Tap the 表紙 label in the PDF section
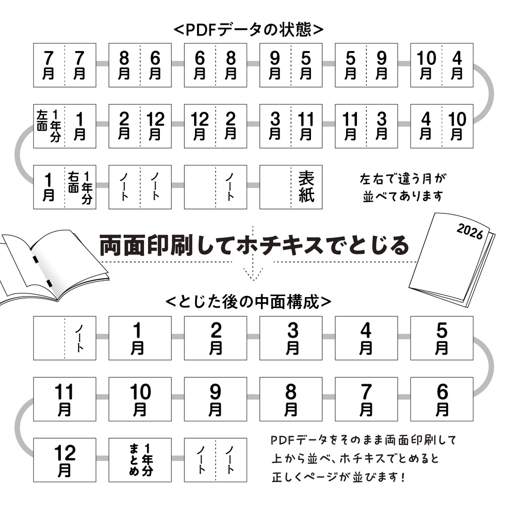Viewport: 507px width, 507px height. click(306, 187)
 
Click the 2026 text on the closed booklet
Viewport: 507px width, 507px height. click(470, 231)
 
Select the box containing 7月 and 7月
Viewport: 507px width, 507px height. click(64, 65)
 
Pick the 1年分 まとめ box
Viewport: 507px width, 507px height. click(140, 459)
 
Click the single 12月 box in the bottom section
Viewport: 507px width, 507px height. click(64, 459)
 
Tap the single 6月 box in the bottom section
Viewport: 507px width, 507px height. click(442, 399)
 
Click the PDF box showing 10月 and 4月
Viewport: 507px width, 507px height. click(442, 65)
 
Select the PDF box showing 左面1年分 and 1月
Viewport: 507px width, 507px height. click(64, 126)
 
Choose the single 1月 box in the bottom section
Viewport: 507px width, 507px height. click(140, 338)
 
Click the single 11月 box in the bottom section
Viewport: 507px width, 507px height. click(64, 399)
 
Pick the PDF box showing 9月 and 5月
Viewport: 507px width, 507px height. click(291, 65)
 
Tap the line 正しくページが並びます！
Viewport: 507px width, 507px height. click(339, 478)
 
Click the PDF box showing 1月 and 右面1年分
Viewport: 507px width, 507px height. click(64, 187)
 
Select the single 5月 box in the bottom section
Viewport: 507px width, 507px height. click(442, 338)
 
